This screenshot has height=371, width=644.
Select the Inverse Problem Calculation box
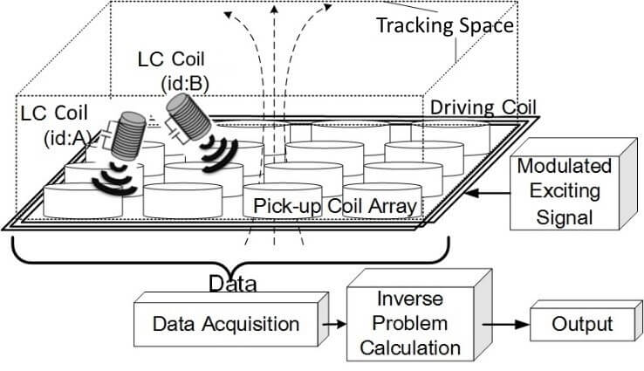point(415,323)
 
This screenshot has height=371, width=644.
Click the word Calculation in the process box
point(415,347)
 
